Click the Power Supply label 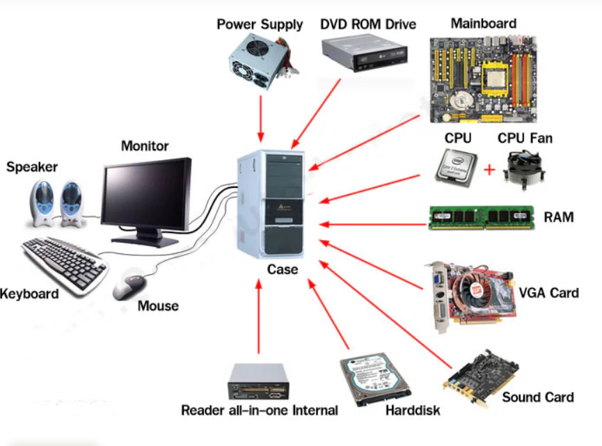coord(260,24)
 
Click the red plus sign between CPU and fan coord(489,170)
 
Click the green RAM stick coord(480,218)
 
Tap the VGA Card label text coord(548,292)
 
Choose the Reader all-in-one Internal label coord(259,410)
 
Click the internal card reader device coord(258,382)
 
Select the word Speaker coord(32,167)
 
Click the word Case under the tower coord(282,269)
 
